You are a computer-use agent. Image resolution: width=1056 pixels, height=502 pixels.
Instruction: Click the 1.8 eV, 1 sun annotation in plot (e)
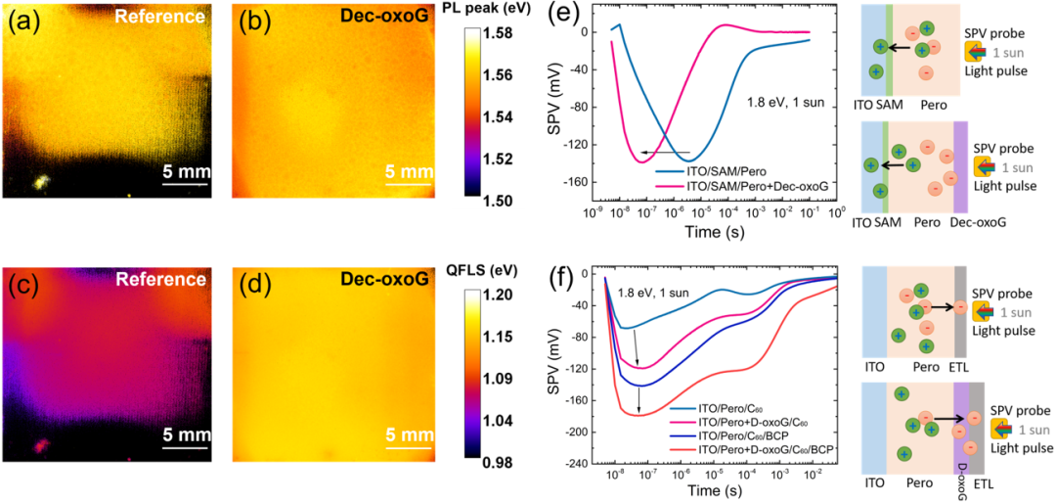[777, 101]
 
